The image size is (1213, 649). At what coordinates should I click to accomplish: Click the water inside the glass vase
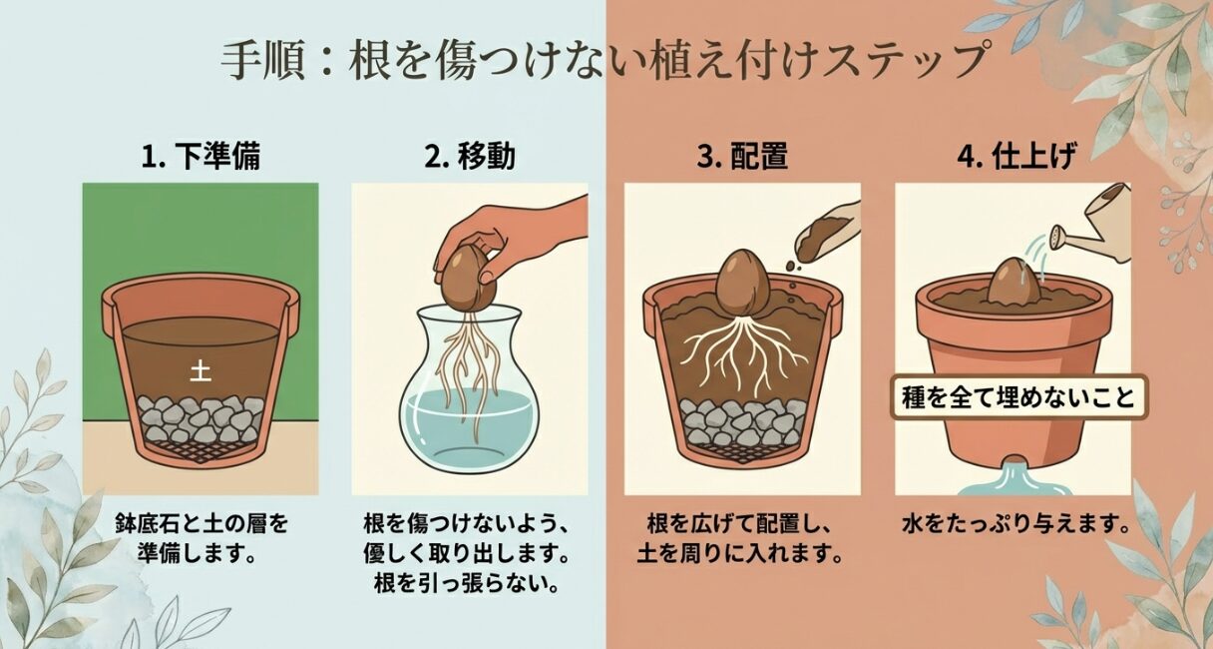469,419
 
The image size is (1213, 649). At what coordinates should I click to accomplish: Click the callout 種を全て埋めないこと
1018,397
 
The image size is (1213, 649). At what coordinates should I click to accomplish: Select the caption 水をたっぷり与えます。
1014,524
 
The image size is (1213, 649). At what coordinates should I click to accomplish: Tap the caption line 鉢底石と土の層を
200,524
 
